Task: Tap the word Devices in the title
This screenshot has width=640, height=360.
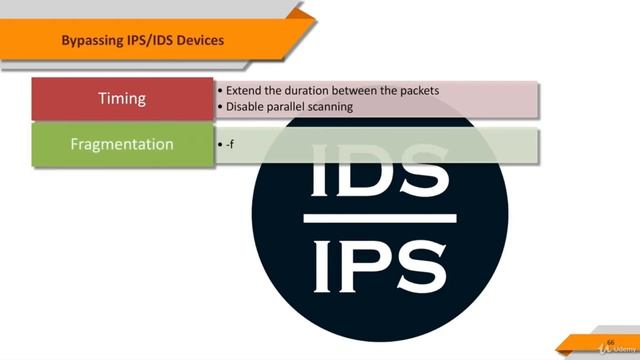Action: coord(199,40)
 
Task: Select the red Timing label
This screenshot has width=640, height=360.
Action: coord(121,98)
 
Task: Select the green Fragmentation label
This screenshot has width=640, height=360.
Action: coord(121,144)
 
